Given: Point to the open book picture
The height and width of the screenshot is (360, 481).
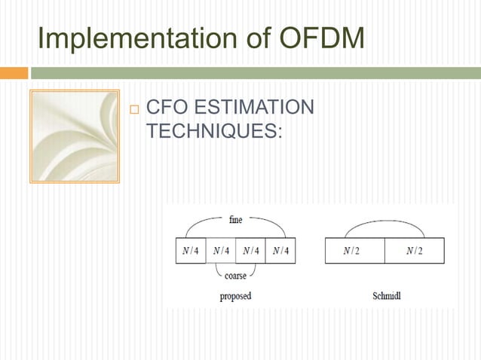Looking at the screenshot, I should pyautogui.click(x=74, y=136).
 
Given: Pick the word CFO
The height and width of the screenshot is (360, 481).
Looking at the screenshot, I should pyautogui.click(x=167, y=108).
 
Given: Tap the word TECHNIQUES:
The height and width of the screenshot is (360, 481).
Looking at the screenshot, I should pyautogui.click(x=214, y=130).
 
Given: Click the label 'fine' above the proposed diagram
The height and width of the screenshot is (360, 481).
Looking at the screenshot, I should pyautogui.click(x=235, y=221).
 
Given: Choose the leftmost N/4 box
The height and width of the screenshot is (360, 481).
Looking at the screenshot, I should pyautogui.click(x=191, y=251).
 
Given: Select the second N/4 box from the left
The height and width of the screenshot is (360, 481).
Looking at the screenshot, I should pyautogui.click(x=220, y=251).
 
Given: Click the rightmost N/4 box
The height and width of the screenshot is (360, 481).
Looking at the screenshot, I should pyautogui.click(x=280, y=251).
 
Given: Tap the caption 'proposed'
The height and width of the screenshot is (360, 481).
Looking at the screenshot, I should pyautogui.click(x=235, y=296).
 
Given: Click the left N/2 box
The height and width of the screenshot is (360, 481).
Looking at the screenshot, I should pyautogui.click(x=354, y=251).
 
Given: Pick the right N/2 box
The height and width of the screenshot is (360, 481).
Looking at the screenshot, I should pyautogui.click(x=414, y=251).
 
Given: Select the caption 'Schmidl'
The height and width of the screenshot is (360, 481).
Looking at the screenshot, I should pyautogui.click(x=387, y=296).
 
